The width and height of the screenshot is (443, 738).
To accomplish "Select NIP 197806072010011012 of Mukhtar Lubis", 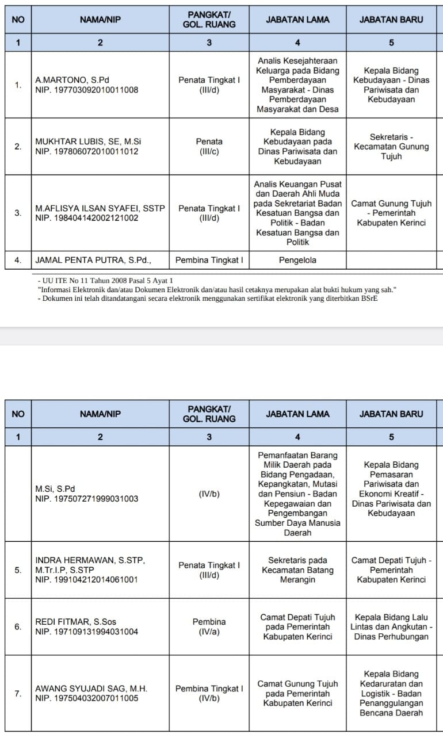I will point(87,151).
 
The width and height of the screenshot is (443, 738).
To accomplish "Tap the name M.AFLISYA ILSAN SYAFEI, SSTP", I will point(101,208).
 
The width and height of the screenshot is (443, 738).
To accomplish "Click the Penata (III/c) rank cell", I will point(209,146).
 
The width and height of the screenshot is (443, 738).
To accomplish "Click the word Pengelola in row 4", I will point(297,260).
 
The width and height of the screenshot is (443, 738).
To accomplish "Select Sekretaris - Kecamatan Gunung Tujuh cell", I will point(391,147).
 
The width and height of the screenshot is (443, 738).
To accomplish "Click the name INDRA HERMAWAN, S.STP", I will point(90,560).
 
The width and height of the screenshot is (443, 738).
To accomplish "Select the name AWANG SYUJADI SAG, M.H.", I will point(91,689).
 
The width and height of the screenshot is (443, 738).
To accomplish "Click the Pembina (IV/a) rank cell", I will point(209,626).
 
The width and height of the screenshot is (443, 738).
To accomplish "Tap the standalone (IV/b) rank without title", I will point(209,494).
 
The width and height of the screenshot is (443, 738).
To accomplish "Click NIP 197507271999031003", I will point(87,499).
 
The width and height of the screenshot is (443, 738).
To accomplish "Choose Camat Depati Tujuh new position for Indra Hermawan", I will point(391,569).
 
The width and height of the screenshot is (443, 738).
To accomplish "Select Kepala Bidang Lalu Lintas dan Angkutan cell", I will point(391,626).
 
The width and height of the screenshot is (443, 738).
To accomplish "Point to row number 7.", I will point(18,693).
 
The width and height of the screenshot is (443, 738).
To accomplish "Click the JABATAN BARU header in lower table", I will point(391,414).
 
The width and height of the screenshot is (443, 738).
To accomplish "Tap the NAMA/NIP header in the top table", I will point(100,19).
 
